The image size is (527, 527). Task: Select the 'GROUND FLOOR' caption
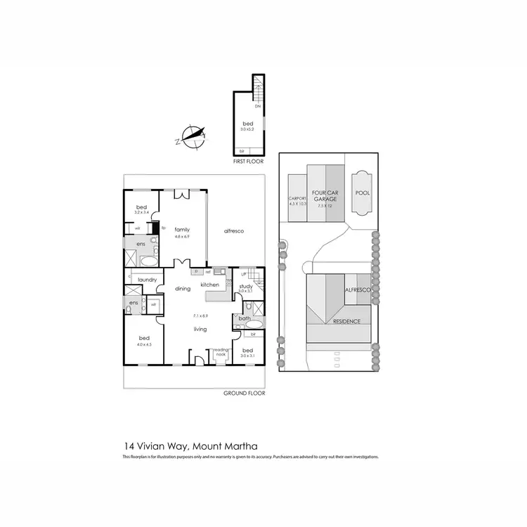(x=242, y=394)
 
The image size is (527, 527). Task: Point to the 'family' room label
(x=183, y=230)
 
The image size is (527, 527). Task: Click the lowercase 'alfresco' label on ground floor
(x=234, y=230)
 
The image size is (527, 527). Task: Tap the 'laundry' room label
(x=147, y=280)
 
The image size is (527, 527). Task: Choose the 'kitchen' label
(x=210, y=285)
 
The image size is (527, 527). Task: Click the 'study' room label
(x=245, y=286)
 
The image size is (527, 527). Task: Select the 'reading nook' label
(x=221, y=352)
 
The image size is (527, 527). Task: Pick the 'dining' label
(x=183, y=288)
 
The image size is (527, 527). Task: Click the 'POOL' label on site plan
(x=362, y=193)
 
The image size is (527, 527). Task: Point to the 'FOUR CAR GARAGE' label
(x=325, y=196)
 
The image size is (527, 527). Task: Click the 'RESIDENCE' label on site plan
(x=346, y=321)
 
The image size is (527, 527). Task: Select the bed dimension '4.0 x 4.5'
(x=144, y=344)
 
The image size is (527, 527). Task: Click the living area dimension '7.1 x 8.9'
(x=201, y=316)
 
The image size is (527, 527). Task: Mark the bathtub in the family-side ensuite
(x=148, y=261)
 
